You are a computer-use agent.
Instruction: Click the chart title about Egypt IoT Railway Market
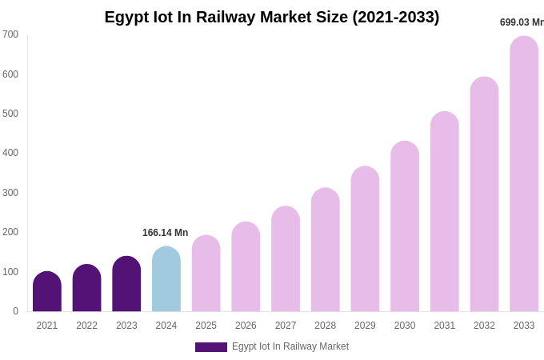[272, 17]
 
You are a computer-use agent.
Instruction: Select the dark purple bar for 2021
[47, 292]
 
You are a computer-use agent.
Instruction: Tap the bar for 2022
[86, 288]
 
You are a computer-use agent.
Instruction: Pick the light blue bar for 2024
[166, 279]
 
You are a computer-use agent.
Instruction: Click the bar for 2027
[286, 259]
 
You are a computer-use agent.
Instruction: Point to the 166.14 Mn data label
[165, 233]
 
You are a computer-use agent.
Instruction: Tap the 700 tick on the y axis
[10, 34]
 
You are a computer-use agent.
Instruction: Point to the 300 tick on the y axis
[10, 193]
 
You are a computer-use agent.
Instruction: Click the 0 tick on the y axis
[15, 311]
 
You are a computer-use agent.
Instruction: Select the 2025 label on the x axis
[206, 326]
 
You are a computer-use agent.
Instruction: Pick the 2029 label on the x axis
[365, 326]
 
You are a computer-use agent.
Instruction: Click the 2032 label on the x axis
[484, 326]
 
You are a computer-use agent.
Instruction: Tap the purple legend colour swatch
[211, 347]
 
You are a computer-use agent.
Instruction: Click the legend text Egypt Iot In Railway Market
[290, 346]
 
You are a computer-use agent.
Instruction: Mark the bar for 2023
[126, 284]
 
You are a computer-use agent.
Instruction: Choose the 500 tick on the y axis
[10, 114]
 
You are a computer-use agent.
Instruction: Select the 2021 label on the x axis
[47, 326]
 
